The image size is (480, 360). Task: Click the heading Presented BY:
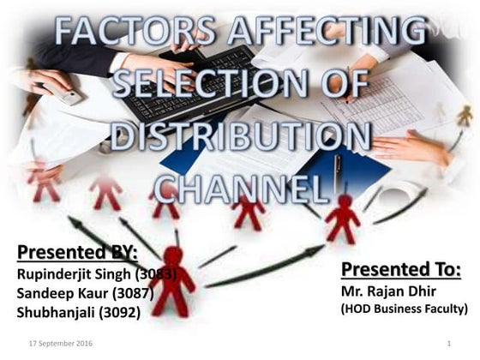pos(77,253)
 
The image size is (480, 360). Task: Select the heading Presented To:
pos(401,271)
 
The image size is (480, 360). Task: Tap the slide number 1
pos(448,344)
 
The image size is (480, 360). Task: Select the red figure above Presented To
pos(343,218)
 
